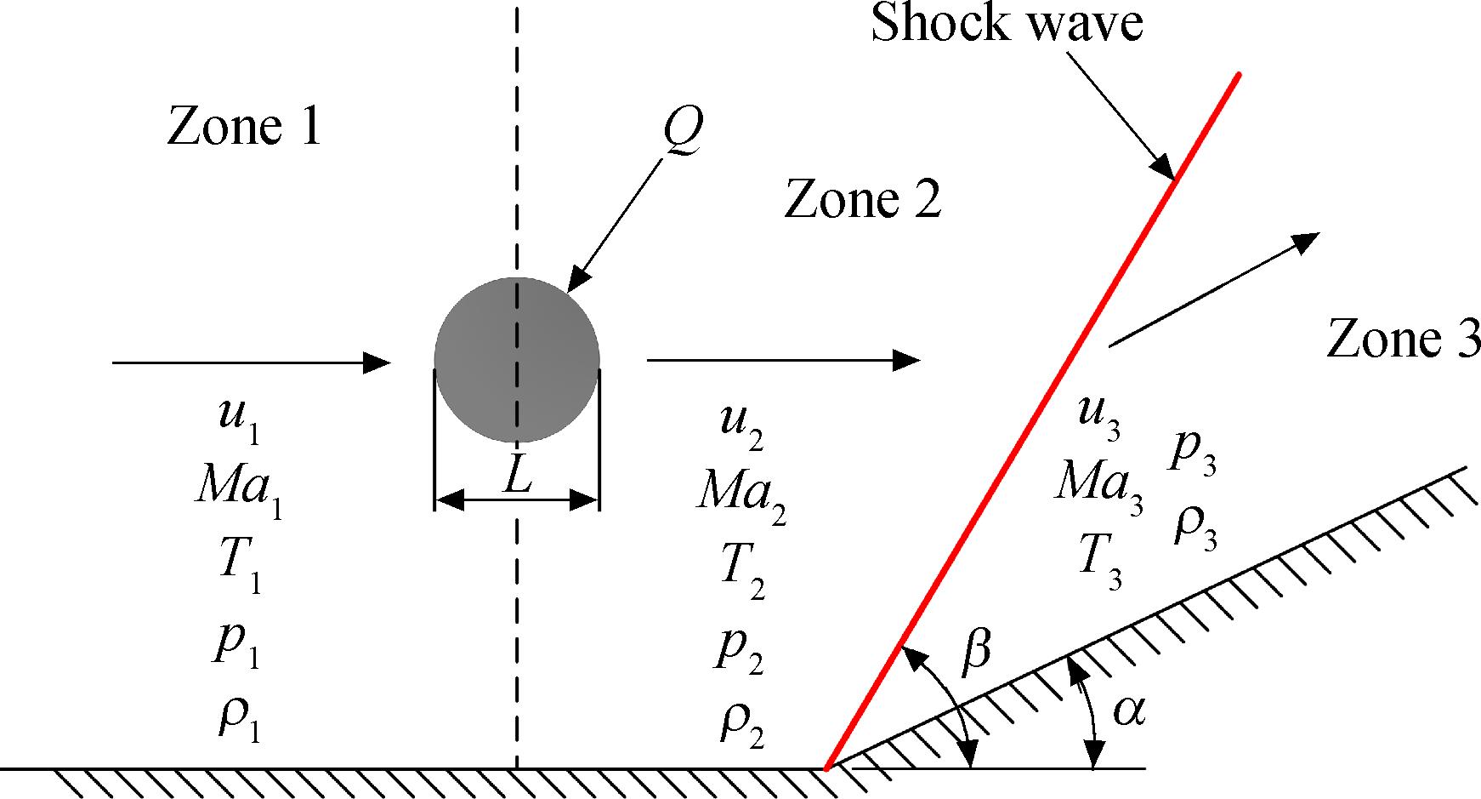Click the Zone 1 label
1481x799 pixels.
(x=244, y=127)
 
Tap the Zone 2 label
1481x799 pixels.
(x=863, y=200)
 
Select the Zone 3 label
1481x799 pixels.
(x=1403, y=339)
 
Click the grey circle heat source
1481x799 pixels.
(x=517, y=360)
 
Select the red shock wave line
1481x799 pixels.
(x=1032, y=421)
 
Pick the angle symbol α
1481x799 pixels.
(x=1129, y=711)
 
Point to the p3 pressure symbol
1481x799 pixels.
(x=1193, y=456)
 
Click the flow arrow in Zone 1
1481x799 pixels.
(x=251, y=362)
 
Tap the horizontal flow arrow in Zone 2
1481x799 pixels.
(x=784, y=360)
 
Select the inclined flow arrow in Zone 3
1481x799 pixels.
(x=1214, y=289)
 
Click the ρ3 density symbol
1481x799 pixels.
(x=1195, y=527)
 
